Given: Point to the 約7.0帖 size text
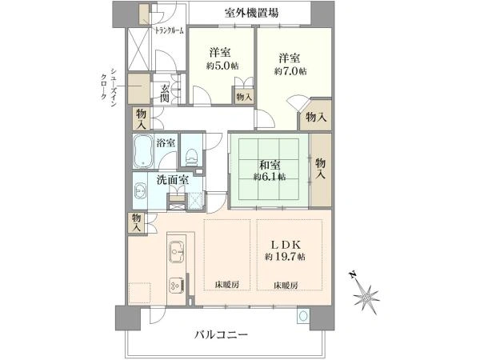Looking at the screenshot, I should pyautogui.click(x=289, y=71).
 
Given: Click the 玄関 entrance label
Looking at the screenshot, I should pyautogui.click(x=165, y=93).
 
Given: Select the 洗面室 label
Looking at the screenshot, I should pyautogui.click(x=172, y=180).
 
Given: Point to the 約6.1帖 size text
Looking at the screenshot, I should pyautogui.click(x=270, y=176).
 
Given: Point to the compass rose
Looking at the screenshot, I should pyautogui.click(x=366, y=294).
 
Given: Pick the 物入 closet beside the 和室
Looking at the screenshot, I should pyautogui.click(x=321, y=168).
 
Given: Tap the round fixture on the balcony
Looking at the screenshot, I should pyautogui.click(x=302, y=318).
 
